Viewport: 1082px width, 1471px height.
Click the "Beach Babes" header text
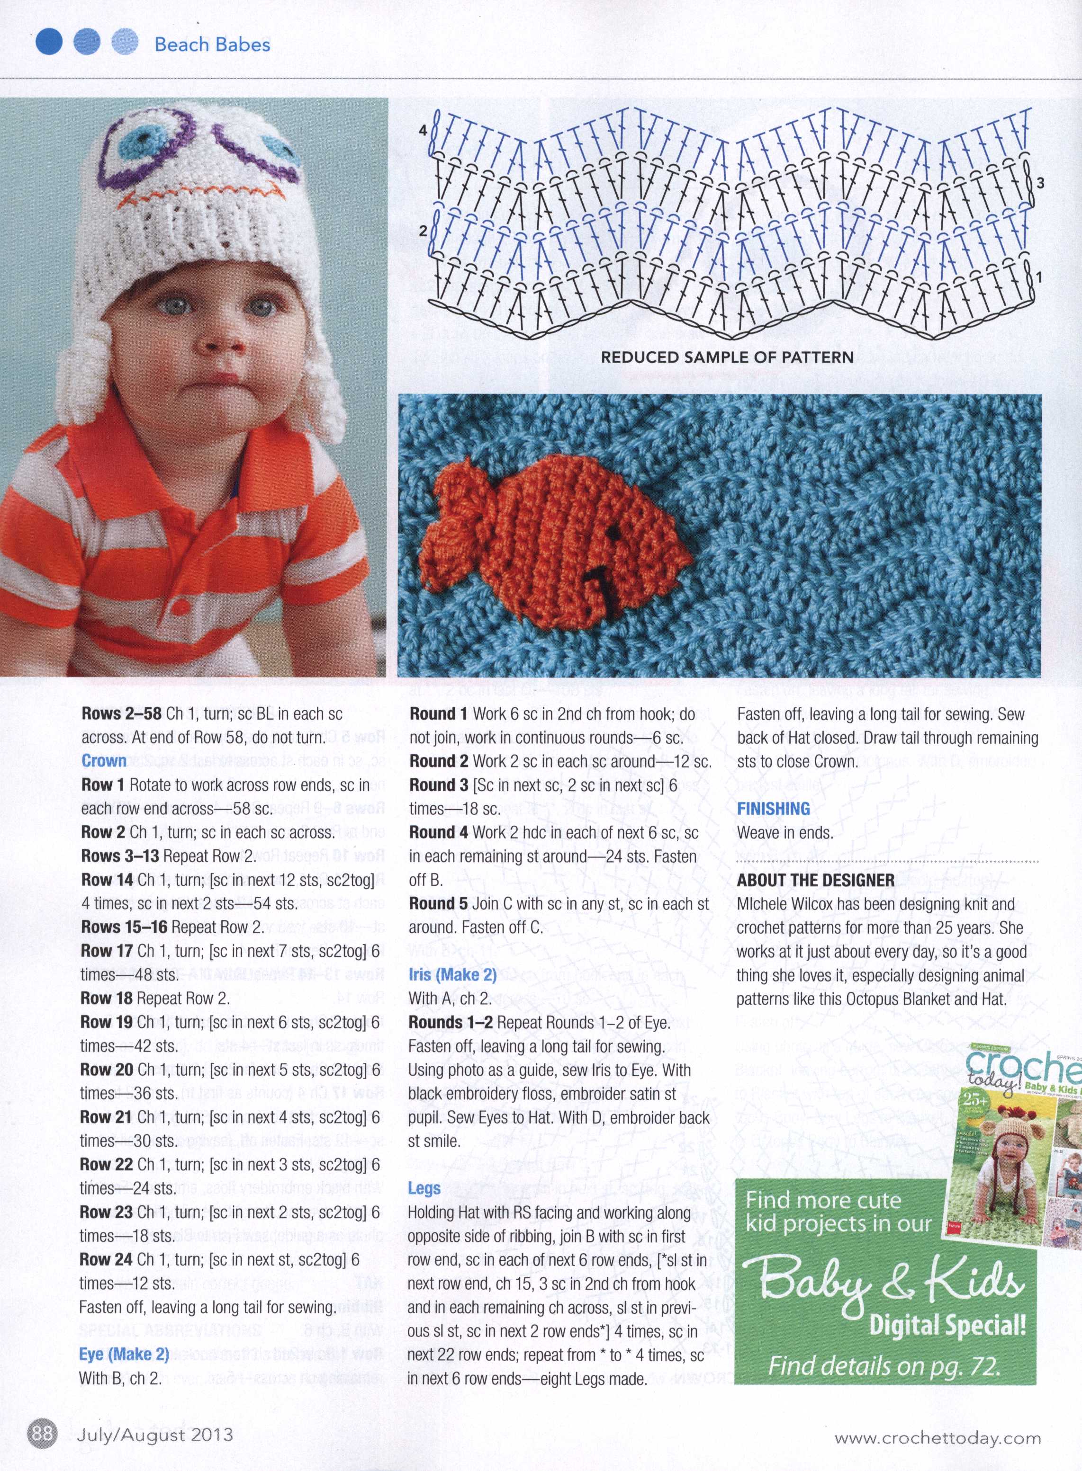(x=212, y=45)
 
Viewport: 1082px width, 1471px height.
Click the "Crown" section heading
(x=104, y=761)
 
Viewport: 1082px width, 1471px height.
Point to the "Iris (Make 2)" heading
(x=452, y=974)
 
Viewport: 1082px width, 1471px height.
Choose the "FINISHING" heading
(x=774, y=809)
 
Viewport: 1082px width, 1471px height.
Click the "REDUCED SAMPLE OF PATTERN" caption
(x=727, y=357)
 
